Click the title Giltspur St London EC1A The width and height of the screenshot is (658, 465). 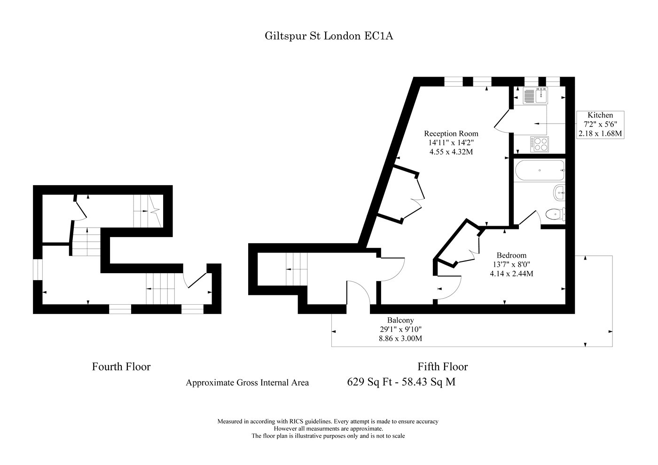(x=329, y=36)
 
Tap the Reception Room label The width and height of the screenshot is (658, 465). (x=451, y=134)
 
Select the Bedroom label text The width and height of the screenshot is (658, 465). (x=511, y=255)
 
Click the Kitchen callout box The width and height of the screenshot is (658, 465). (x=600, y=125)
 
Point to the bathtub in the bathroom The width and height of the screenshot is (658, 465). (x=540, y=170)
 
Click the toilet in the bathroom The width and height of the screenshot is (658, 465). (x=555, y=214)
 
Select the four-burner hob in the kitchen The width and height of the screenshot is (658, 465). (x=540, y=144)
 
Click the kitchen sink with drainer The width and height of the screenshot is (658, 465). (x=535, y=95)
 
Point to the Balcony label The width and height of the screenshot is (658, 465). (x=400, y=320)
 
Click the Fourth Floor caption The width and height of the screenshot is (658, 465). (x=121, y=367)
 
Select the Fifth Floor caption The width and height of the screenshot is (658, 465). (x=443, y=367)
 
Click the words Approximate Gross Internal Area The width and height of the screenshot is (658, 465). (x=247, y=382)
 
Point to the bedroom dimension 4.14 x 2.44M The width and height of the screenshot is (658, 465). (x=511, y=273)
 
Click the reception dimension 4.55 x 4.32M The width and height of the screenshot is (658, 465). (x=451, y=152)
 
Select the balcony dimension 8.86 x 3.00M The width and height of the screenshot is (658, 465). (x=400, y=339)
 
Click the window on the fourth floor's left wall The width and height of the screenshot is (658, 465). (x=38, y=269)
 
